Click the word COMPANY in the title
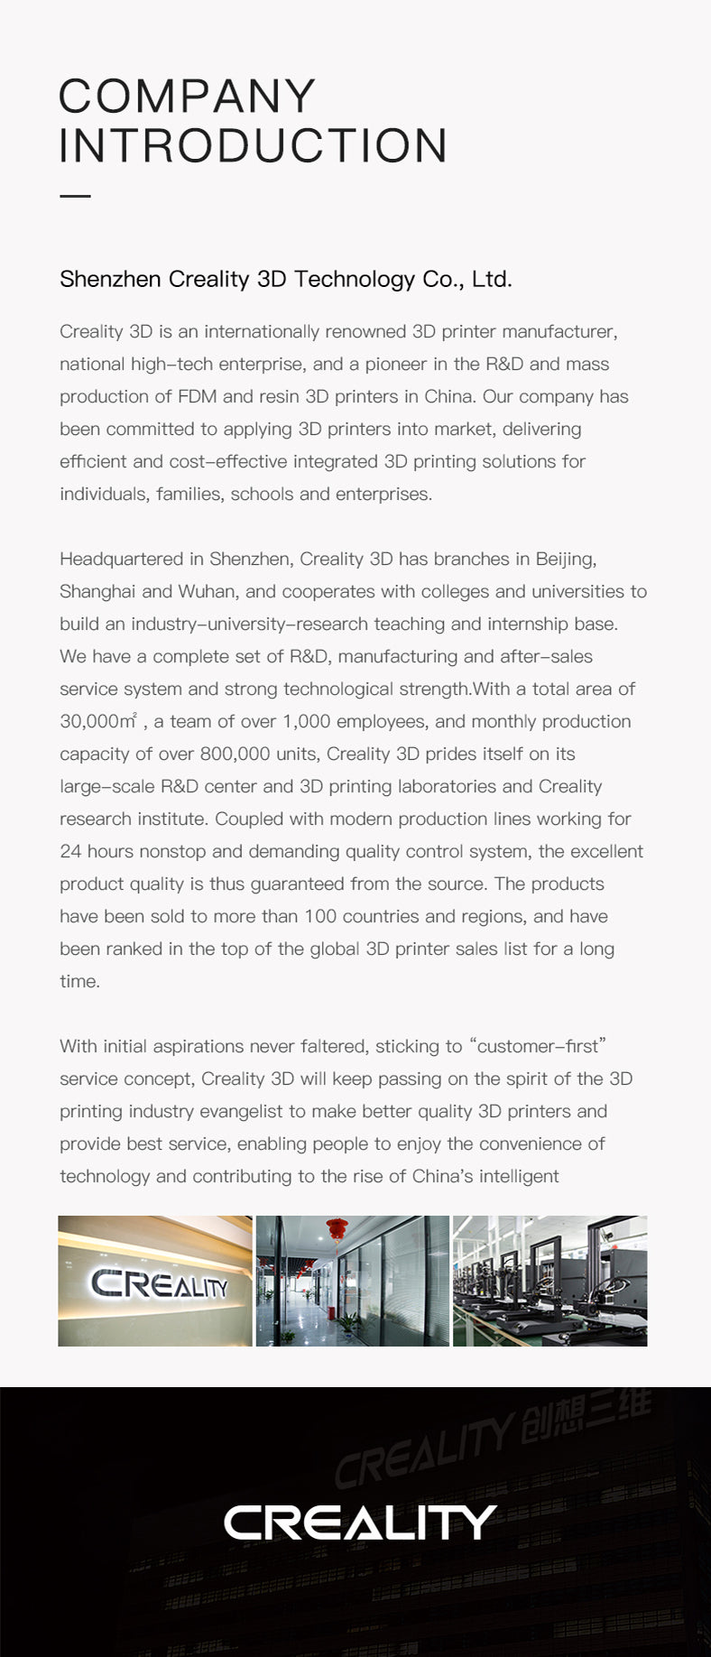[188, 97]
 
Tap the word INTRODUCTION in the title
[254, 146]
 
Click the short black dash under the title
[75, 196]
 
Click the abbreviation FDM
[197, 397]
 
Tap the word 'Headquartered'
[122, 560]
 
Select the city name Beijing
[565, 560]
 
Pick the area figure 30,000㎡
[98, 721]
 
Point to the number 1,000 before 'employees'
[309, 722]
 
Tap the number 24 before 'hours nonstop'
[70, 852]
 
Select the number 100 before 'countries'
[320, 917]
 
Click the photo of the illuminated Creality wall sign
[155, 1281]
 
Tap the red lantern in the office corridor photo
[337, 1229]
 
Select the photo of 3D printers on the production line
[549, 1281]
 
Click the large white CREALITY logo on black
[359, 1523]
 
